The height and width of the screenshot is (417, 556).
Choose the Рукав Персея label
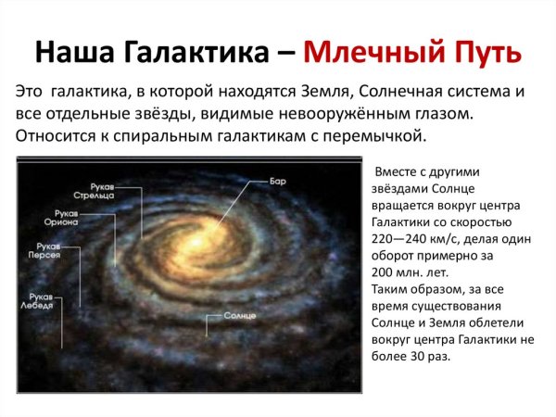[45, 252]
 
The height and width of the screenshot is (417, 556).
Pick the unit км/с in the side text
[453, 238]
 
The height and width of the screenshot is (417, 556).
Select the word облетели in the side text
[496, 322]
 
